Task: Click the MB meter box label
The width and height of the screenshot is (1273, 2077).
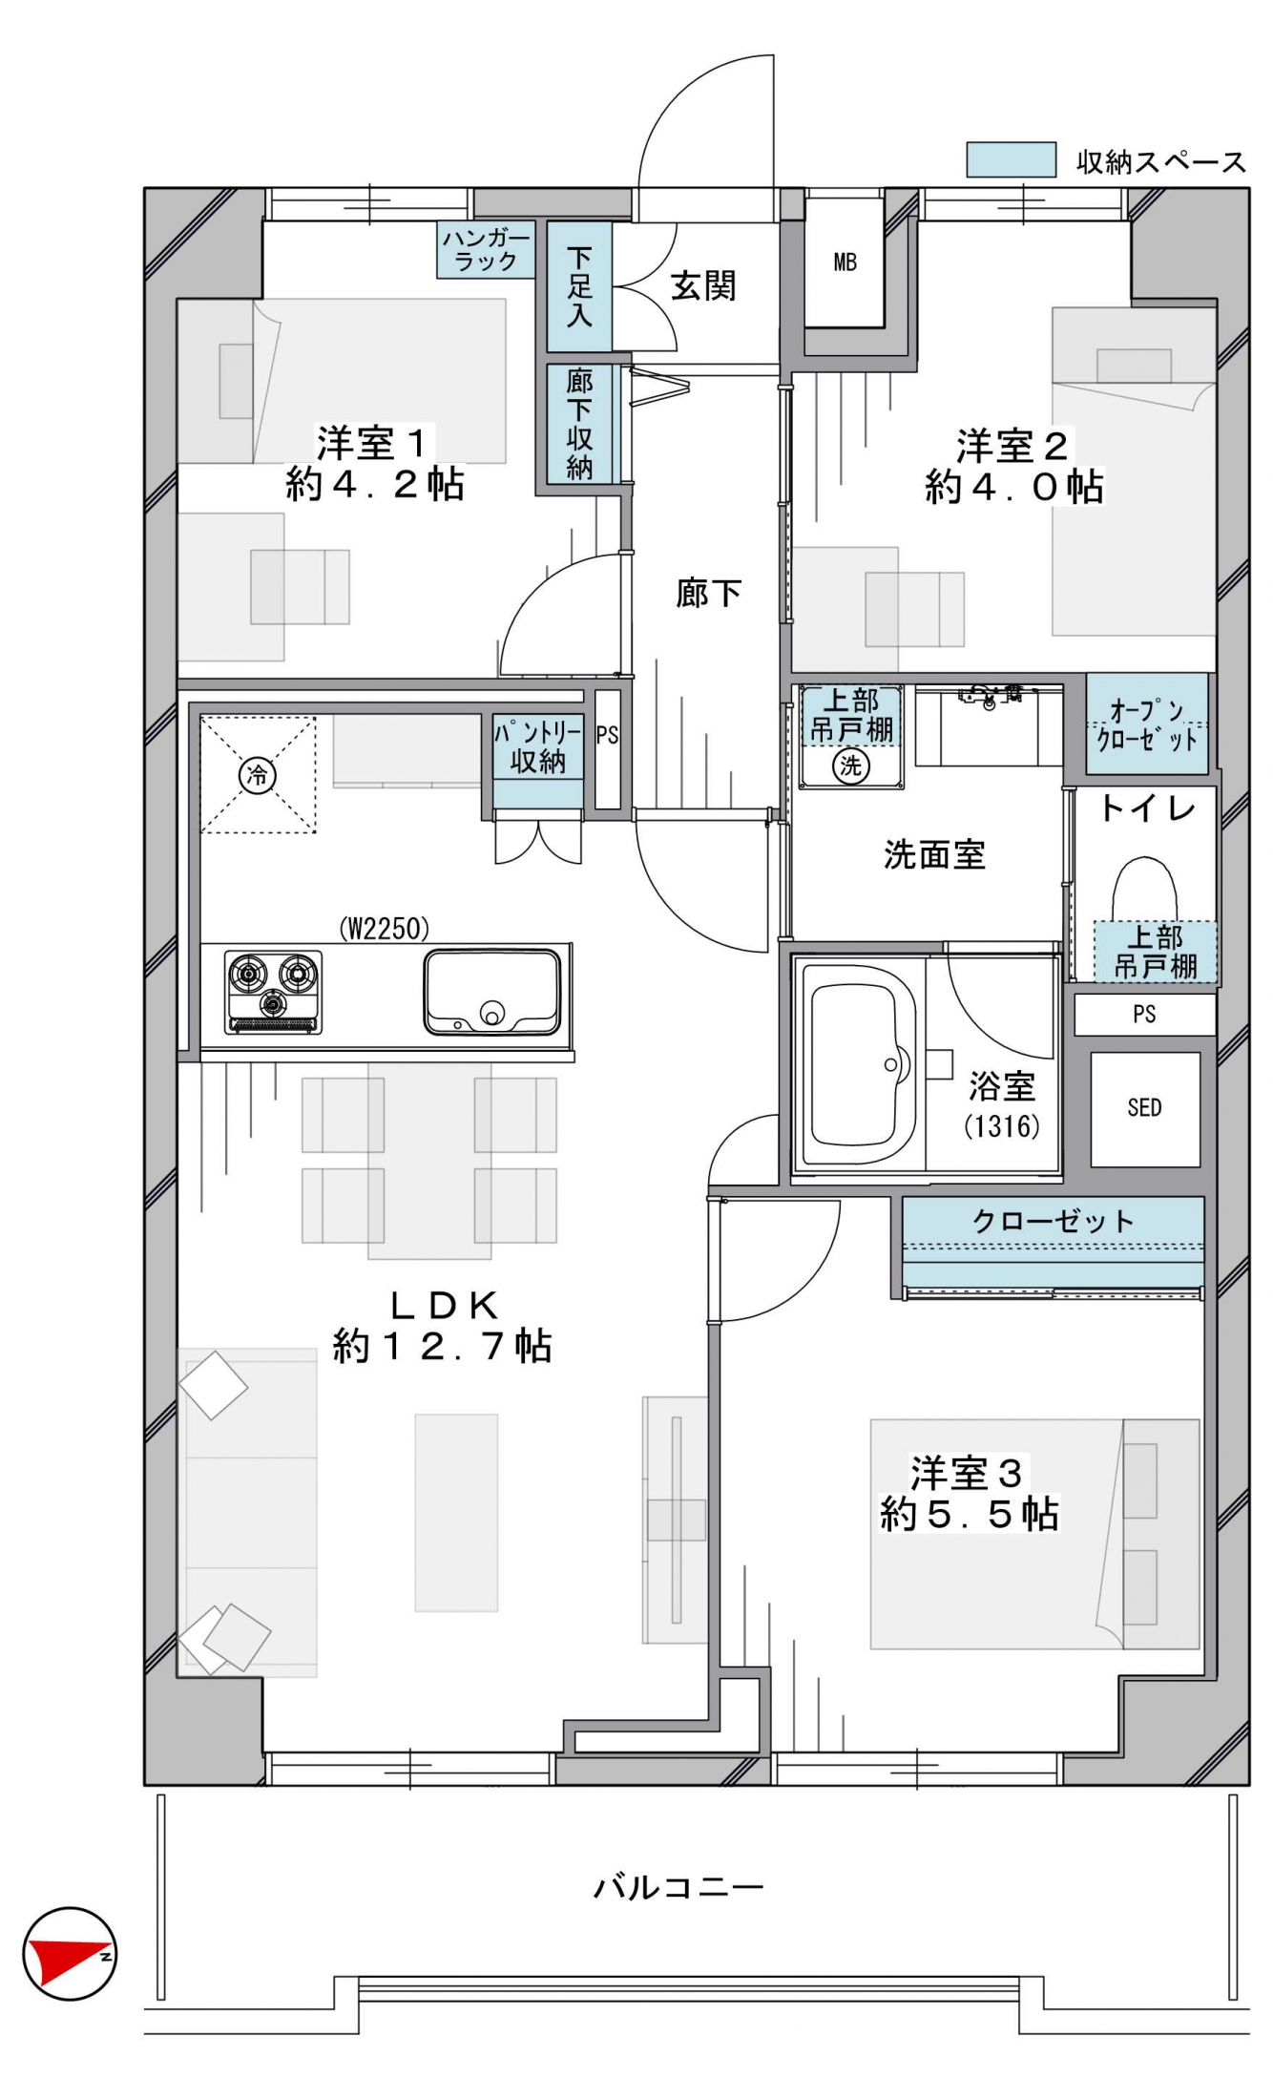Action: (845, 262)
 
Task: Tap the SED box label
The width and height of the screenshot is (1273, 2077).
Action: (1144, 1107)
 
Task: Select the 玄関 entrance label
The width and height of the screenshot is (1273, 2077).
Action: (703, 285)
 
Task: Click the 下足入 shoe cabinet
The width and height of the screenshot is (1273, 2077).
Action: (579, 286)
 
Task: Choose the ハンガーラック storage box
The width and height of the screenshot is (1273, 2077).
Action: (487, 250)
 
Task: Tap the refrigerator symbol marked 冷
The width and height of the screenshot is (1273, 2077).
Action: (258, 774)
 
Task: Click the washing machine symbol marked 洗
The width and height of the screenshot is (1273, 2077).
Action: (850, 764)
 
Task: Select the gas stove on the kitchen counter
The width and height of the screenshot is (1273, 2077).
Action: (273, 992)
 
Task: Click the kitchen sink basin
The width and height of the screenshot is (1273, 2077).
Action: (492, 992)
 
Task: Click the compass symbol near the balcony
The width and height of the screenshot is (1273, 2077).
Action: (69, 1953)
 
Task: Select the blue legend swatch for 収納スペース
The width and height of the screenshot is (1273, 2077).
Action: (1011, 160)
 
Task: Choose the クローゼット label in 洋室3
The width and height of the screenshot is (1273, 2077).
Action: (1053, 1221)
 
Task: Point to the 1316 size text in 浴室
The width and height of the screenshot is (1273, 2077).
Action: (1002, 1126)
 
